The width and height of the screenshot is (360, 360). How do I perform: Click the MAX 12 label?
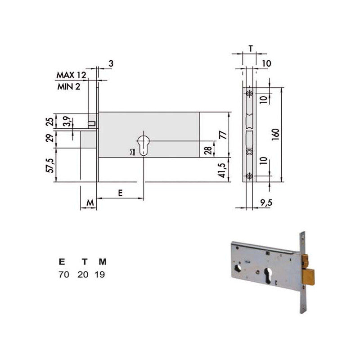tap(71, 75)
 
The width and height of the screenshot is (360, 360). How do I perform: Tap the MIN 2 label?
tap(69, 86)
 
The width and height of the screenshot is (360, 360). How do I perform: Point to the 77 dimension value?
tap(223, 135)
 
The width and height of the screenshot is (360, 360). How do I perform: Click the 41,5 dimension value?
tap(222, 170)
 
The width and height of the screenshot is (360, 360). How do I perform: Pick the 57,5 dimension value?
tap(50, 165)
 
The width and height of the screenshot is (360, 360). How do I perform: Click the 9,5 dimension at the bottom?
tap(266, 203)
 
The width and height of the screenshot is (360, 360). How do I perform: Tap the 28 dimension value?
tap(208, 150)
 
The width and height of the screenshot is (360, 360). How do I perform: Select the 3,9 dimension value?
tap(67, 121)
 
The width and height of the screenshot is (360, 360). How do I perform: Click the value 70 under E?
tap(64, 274)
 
